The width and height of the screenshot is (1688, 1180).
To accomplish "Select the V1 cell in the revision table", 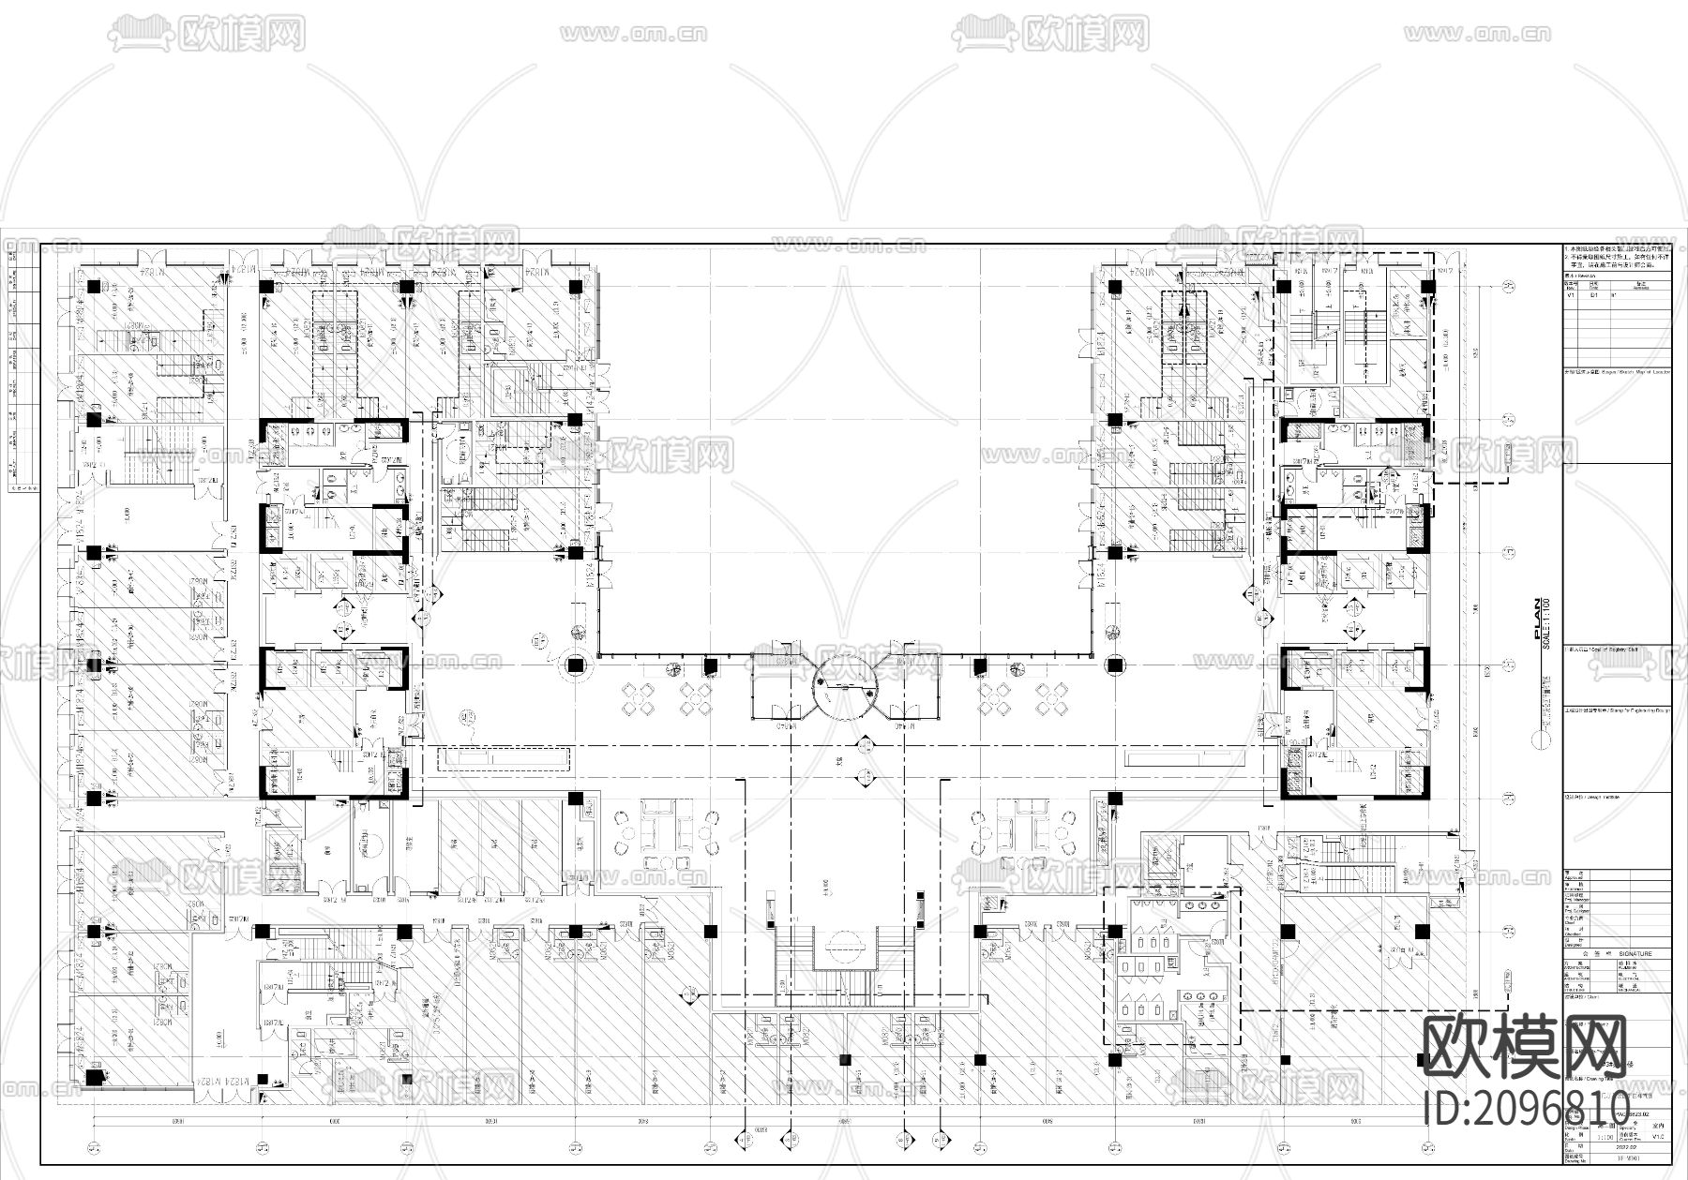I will coord(1572,293).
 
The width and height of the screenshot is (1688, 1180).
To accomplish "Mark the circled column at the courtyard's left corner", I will coord(574,666).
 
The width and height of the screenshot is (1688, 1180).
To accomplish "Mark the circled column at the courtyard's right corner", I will coord(1114,666).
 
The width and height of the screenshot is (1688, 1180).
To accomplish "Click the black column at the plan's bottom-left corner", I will coord(93,1078).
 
